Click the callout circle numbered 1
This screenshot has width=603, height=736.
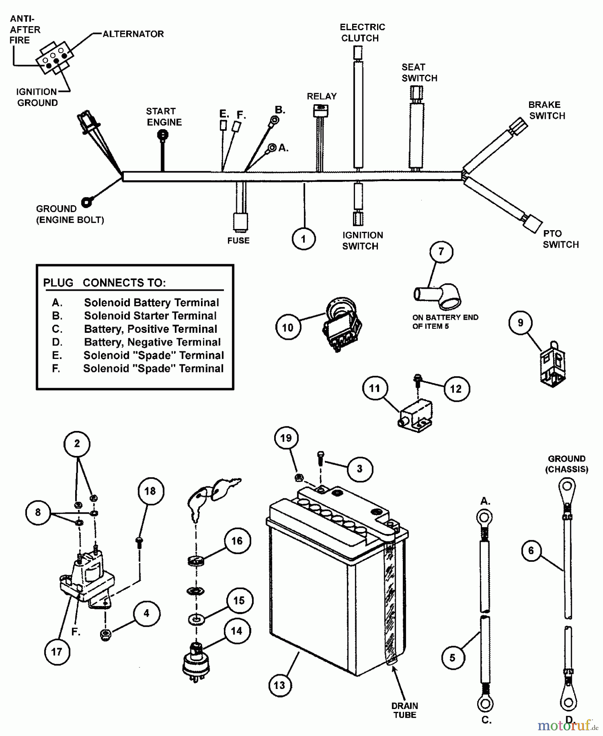pos(304,239)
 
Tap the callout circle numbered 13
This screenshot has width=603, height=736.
pos(280,685)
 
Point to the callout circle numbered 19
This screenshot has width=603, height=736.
pos(286,438)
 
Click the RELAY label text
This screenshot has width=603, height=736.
pos(322,96)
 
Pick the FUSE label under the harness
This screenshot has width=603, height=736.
pos(238,240)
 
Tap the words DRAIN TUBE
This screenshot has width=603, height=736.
pos(404,711)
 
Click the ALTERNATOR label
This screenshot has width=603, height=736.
pos(133,34)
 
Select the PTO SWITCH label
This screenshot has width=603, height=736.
pos(561,239)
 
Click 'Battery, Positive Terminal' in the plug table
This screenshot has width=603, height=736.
pos(150,329)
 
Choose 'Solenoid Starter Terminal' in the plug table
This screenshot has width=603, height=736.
pos(150,316)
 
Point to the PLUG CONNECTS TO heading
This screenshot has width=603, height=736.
pos(105,283)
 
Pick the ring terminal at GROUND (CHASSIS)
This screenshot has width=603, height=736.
pos(567,487)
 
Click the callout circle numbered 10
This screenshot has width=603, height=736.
pos(288,328)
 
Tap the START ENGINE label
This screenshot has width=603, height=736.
pos(164,117)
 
